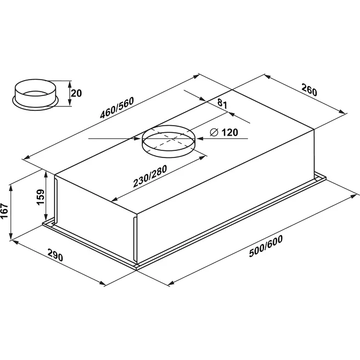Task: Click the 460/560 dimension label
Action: click(117, 108)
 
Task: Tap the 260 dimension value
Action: click(310, 90)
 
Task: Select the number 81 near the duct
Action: click(222, 104)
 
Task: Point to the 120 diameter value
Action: click(230, 132)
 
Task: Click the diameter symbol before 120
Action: click(214, 132)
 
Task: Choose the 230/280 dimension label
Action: click(150, 176)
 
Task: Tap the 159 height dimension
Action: click(41, 197)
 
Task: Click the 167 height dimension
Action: click(4, 211)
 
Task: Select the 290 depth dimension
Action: click(55, 255)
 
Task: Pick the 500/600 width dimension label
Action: click(266, 246)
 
